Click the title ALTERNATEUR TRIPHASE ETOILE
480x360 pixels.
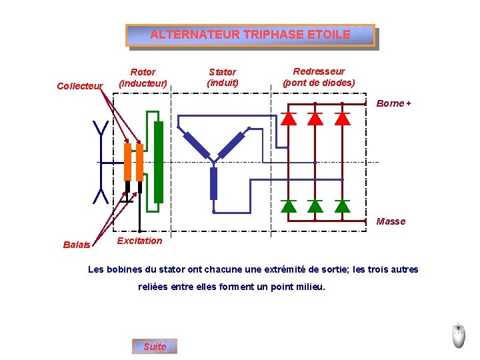click(x=250, y=35)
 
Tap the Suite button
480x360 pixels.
click(x=155, y=347)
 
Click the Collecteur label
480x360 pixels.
click(x=80, y=86)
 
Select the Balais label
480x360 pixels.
click(x=76, y=245)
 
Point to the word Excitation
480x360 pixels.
click(x=139, y=241)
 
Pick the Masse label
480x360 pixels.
click(x=391, y=221)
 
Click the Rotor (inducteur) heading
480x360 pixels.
click(x=143, y=77)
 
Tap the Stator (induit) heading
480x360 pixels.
click(x=223, y=77)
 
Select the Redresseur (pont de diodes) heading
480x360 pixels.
click(x=319, y=77)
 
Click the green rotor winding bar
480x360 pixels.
click(x=158, y=162)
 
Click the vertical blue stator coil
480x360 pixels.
click(x=213, y=183)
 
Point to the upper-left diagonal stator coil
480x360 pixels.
click(x=196, y=145)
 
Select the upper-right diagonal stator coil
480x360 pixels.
click(x=231, y=144)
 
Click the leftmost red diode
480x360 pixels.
click(x=289, y=118)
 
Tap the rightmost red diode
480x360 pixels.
click(x=342, y=118)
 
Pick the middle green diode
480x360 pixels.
click(x=315, y=205)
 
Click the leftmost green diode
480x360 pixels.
click(x=289, y=205)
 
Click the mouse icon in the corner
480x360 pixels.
click(x=459, y=335)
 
